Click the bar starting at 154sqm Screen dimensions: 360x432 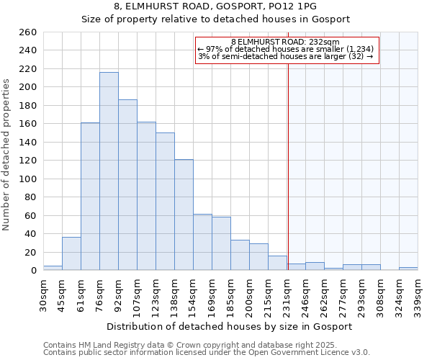pos(202,242)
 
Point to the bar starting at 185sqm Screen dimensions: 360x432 pos(240,255)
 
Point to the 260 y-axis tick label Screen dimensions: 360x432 pos(27,32)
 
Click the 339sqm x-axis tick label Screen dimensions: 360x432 pos(418,294)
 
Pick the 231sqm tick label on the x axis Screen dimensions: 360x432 pos(287,294)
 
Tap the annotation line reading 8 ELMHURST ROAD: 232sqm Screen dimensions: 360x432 pos(286,42)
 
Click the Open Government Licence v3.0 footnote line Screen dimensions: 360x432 pos(207,353)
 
